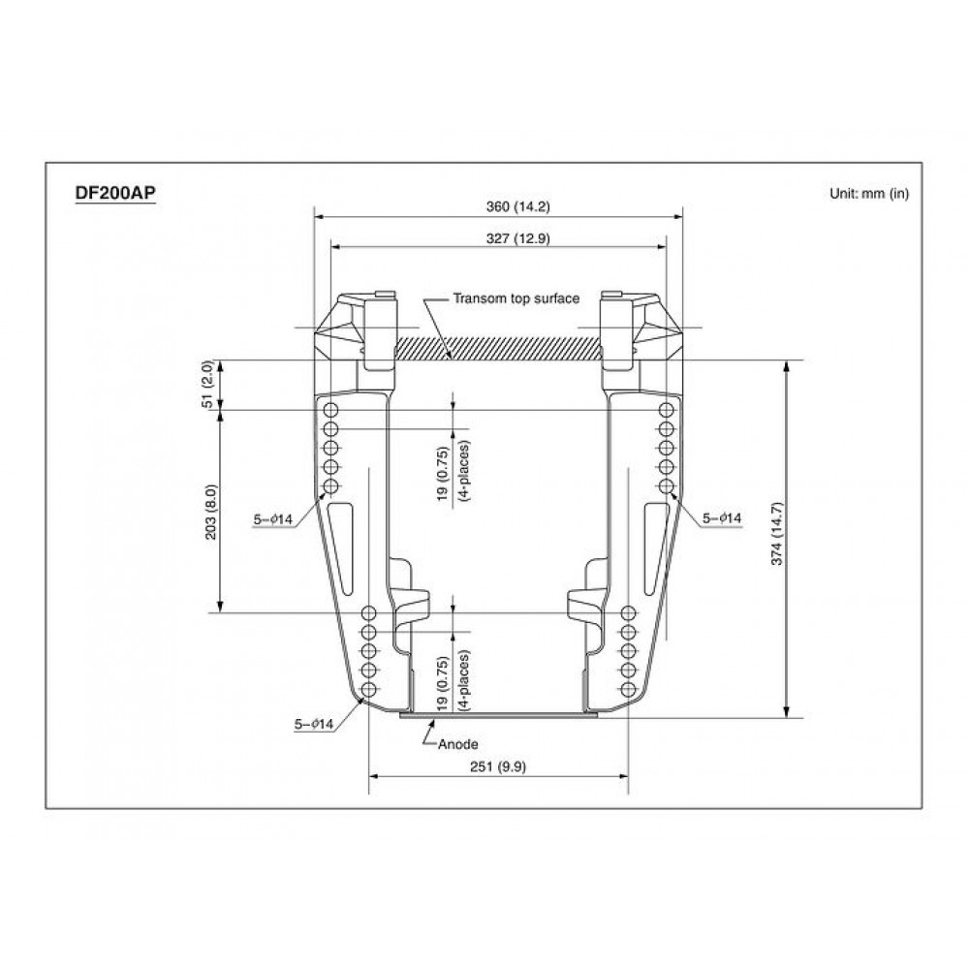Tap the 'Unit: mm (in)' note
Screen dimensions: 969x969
[x=868, y=193]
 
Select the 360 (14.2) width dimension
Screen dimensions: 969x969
[x=497, y=205]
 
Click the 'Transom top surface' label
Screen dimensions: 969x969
[x=516, y=298]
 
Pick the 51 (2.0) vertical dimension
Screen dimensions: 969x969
[x=206, y=385]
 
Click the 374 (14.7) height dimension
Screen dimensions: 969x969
[x=799, y=539]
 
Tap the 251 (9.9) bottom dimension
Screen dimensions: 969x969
[x=497, y=766]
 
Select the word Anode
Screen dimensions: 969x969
[x=458, y=744]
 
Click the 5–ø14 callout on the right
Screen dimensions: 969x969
[x=722, y=519]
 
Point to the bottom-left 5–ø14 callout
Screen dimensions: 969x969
[x=313, y=723]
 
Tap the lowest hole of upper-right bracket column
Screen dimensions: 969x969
[x=666, y=485]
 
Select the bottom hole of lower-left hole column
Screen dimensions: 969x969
[x=368, y=689]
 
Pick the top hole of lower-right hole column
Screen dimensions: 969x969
[x=628, y=612]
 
